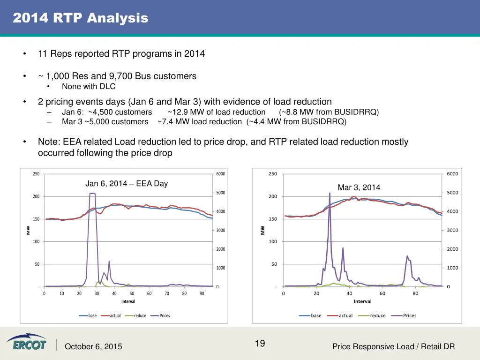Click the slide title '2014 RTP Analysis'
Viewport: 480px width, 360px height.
[x=80, y=18]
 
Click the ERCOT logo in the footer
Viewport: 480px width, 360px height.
[x=26, y=342]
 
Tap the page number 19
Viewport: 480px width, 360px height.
[x=260, y=344]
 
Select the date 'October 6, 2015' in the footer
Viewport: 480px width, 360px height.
[x=93, y=347]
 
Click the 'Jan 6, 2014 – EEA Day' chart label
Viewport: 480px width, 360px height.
[x=126, y=183]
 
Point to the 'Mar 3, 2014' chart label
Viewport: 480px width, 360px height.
[x=359, y=187]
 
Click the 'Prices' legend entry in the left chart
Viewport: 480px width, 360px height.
[x=165, y=315]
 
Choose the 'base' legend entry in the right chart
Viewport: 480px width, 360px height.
[x=316, y=315]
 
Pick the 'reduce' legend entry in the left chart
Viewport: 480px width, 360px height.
[x=140, y=315]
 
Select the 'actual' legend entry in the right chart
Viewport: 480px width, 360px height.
[x=345, y=315]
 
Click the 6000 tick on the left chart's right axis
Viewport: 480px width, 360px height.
[x=220, y=174]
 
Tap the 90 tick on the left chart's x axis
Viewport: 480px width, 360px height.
[x=202, y=294]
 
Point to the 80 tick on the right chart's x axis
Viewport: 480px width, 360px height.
[x=415, y=294]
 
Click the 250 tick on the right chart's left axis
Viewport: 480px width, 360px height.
[x=273, y=174]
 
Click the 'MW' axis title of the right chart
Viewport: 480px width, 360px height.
[x=262, y=230]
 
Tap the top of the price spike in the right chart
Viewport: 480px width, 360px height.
[x=330, y=193]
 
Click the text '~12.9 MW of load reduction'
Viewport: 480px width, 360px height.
[x=217, y=112]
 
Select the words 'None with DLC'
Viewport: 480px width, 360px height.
[x=89, y=86]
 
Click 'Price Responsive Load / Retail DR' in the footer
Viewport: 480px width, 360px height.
[x=393, y=347]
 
